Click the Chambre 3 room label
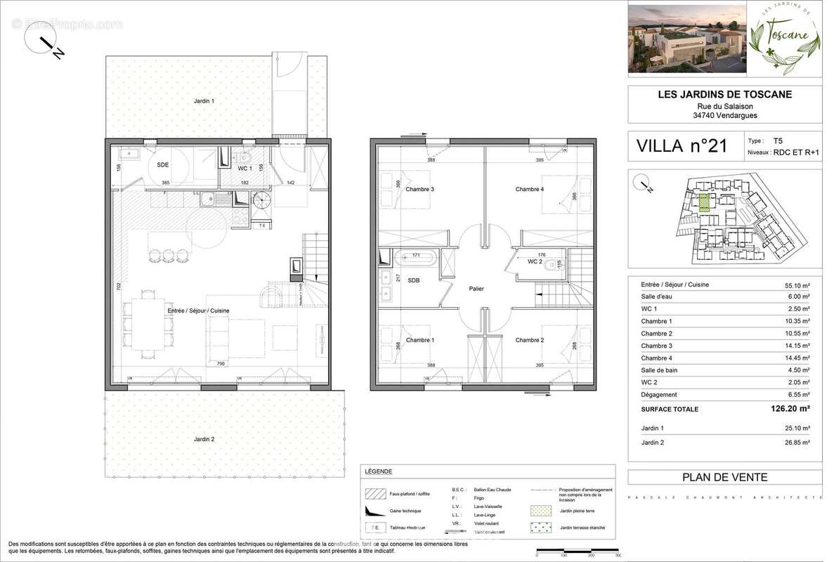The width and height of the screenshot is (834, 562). point(419,189)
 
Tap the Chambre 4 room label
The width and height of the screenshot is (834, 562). point(529,189)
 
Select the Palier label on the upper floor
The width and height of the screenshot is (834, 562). point(476,289)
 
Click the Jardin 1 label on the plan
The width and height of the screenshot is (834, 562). point(204,101)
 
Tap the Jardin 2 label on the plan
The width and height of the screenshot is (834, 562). point(204,440)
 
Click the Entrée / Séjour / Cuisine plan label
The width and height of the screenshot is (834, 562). point(198,310)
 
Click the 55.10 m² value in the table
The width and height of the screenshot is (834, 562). point(797,285)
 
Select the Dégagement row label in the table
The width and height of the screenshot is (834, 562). point(660,396)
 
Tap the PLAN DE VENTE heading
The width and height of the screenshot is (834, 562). point(724,478)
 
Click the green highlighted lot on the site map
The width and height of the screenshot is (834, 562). point(705,202)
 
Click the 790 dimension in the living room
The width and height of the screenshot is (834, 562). point(220,363)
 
